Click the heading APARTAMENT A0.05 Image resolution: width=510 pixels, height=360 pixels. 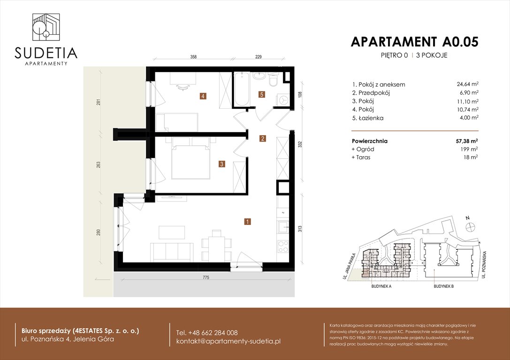coord(414,42)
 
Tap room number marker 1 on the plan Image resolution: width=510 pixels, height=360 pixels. coord(247,221)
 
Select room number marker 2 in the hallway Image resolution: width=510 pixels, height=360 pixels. coord(263,138)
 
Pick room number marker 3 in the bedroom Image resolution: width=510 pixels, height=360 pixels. coord(221,164)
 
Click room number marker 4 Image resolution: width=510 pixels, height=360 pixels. coord(202,97)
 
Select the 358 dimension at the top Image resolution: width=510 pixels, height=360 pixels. coord(193,57)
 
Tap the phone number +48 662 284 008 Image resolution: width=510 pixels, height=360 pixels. coord(207,332)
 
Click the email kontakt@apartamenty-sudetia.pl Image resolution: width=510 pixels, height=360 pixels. coord(228,341)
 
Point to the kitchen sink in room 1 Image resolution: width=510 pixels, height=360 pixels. coord(283,228)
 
